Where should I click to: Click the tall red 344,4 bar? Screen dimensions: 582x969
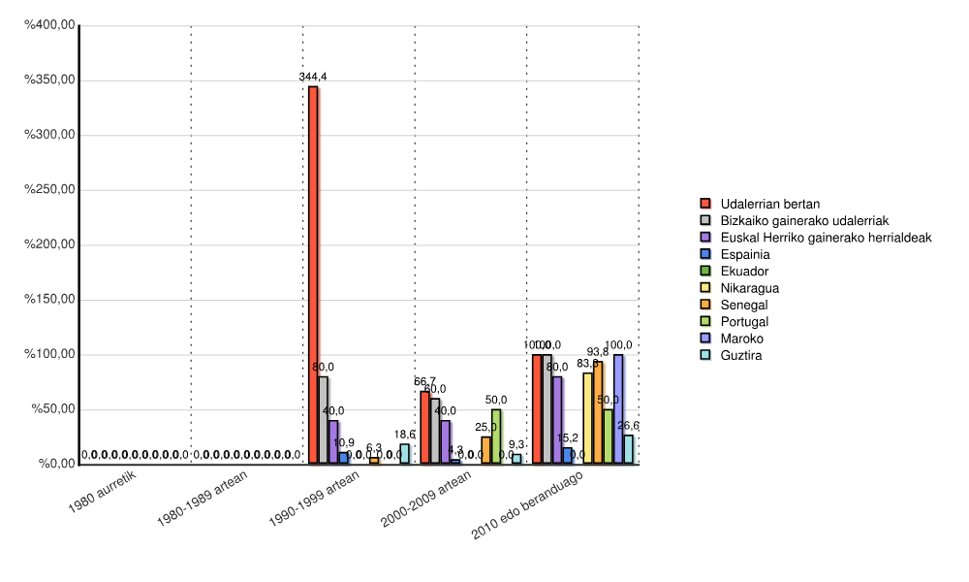pos(313,275)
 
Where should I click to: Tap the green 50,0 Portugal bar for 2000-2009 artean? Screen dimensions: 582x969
pos(496,436)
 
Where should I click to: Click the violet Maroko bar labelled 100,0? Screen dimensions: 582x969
pos(618,409)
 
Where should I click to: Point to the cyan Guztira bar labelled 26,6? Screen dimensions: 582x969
pos(629,449)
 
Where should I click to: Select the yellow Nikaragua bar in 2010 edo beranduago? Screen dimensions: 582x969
pos(587,418)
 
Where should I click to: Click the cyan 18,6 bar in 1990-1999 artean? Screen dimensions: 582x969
pos(405,454)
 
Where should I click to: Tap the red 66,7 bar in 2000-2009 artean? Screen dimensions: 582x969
pos(424,428)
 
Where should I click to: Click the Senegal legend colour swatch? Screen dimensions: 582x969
pos(705,305)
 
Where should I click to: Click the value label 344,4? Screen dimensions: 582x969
pos(312,77)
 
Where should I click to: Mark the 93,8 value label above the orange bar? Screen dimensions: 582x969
pos(598,352)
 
